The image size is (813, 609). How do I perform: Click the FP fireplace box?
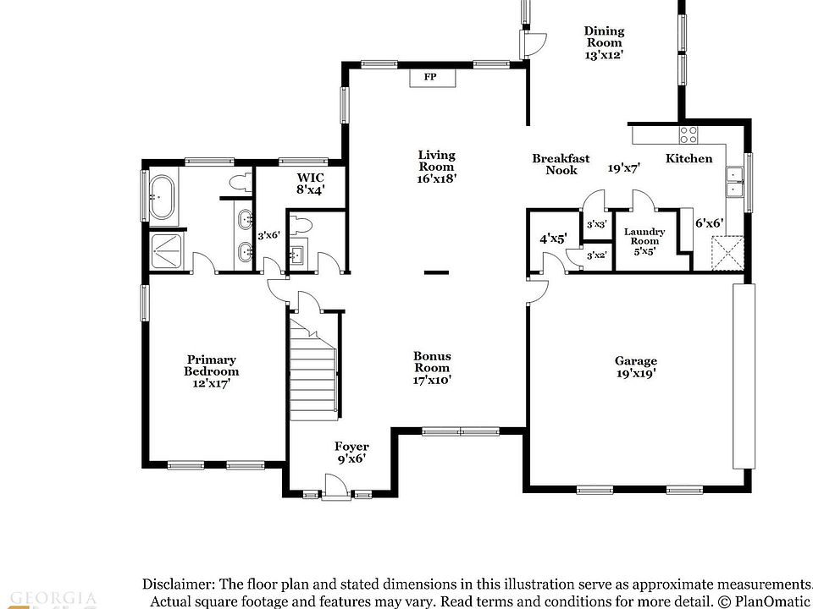(x=430, y=78)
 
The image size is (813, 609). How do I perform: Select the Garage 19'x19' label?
(x=635, y=366)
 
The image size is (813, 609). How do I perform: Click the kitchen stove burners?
(x=689, y=134)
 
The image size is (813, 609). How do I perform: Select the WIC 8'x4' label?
(x=309, y=184)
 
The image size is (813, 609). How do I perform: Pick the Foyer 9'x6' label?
(x=351, y=453)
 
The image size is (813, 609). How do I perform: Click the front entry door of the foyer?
(x=335, y=488)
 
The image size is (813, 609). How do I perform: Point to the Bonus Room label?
(x=432, y=368)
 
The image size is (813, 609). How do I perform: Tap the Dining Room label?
(x=604, y=42)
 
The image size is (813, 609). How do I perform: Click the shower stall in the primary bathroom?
(x=166, y=250)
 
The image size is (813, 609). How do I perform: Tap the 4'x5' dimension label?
(x=552, y=239)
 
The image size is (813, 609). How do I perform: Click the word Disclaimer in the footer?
(x=179, y=584)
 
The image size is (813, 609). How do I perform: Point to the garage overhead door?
(x=743, y=376)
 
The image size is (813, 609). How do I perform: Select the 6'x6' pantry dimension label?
(x=709, y=222)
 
